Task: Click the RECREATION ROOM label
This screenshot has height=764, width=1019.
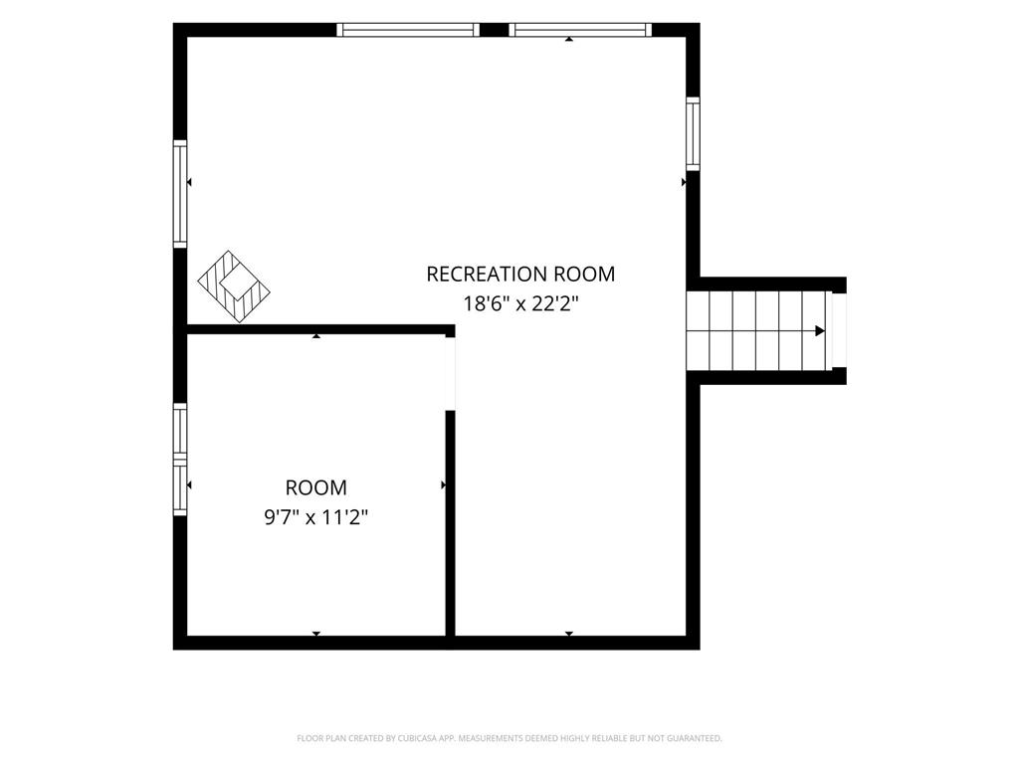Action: pos(520,275)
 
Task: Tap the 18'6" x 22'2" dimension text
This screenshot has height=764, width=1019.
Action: pos(520,303)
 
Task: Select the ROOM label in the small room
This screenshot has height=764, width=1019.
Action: pos(316,487)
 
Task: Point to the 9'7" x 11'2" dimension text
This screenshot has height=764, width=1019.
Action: pos(316,517)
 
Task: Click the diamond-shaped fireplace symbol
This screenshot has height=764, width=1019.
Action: pos(234,286)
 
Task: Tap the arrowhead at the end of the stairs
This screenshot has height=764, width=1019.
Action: pos(820,331)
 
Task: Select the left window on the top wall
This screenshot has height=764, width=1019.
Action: pos(408,30)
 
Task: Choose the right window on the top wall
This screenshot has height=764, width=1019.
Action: pos(580,30)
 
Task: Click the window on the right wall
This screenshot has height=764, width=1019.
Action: pos(694,134)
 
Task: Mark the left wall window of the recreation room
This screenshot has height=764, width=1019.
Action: pos(180,194)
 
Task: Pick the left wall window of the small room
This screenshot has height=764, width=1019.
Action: pos(180,460)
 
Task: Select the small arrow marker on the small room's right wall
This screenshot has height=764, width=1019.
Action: pos(444,485)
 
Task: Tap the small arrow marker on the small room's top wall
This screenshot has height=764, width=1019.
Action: pos(316,336)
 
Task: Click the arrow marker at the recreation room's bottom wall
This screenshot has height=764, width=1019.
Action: pos(569,634)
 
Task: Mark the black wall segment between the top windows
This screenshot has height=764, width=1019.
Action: pos(494,30)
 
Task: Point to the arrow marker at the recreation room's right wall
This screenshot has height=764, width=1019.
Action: pos(684,183)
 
